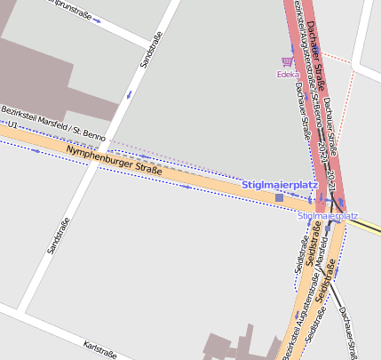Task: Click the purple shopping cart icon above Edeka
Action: click(x=286, y=62)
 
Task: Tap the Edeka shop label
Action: click(x=286, y=75)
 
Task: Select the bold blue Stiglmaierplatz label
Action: click(x=280, y=184)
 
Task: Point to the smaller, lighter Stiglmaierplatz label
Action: click(x=327, y=216)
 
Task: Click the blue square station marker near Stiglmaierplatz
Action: click(x=279, y=197)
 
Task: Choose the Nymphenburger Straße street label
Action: click(x=113, y=159)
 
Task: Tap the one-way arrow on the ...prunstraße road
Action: click(x=96, y=19)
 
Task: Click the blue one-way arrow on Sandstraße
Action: click(x=130, y=94)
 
